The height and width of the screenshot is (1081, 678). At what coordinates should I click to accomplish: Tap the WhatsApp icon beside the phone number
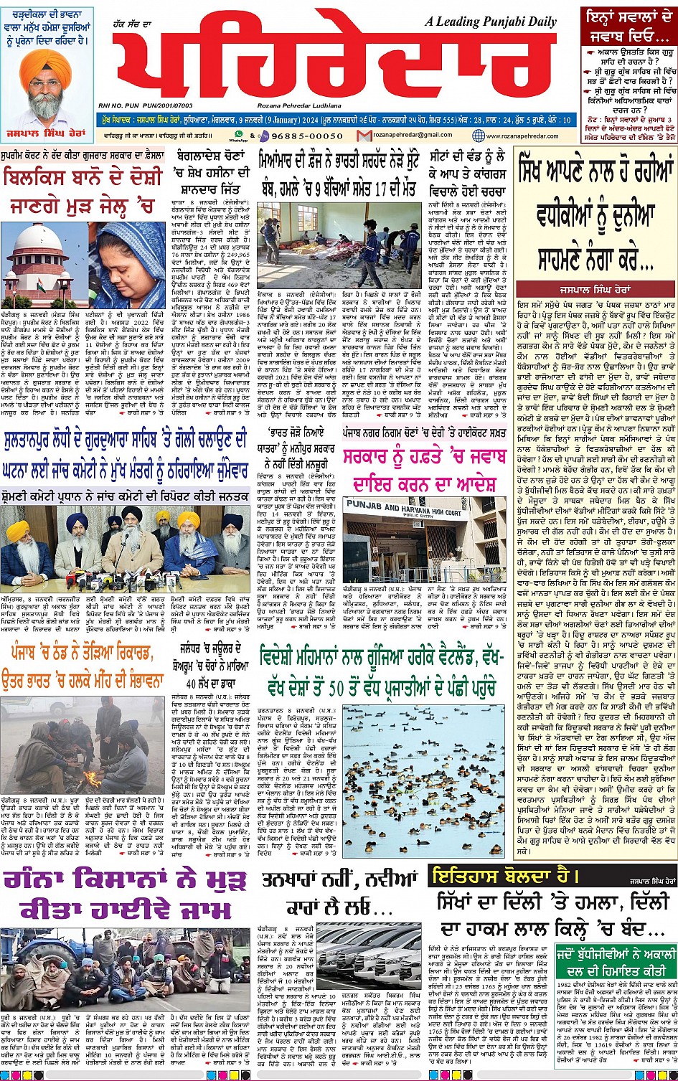(239, 134)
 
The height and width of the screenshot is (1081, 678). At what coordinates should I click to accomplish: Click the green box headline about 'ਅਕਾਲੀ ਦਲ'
(615, 963)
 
